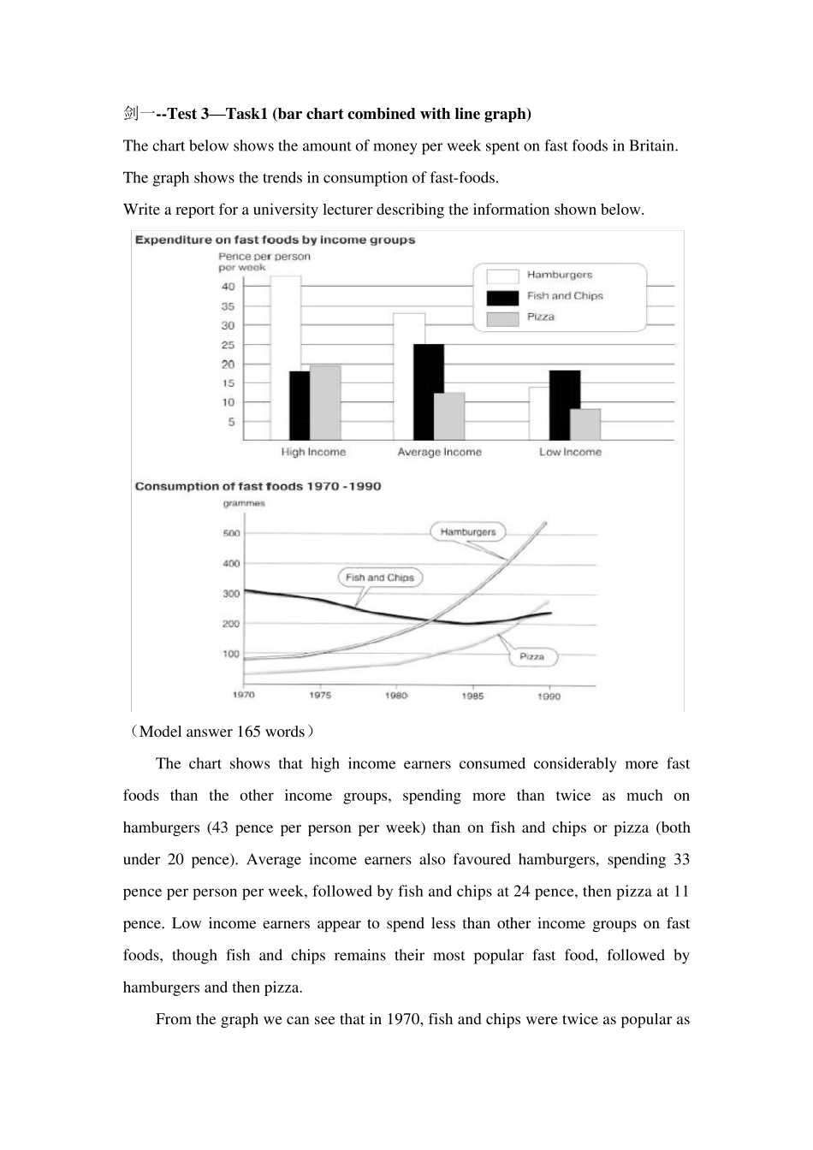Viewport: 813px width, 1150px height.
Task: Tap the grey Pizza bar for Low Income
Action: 585,424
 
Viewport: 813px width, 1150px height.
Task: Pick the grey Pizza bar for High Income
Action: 325,402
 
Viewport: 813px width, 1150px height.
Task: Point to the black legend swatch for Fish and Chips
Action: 502,297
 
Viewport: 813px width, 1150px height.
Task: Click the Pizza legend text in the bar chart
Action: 541,317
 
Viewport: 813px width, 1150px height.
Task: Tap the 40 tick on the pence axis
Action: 228,287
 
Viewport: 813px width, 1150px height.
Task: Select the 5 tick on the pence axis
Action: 231,422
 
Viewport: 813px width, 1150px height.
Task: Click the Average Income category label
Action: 439,452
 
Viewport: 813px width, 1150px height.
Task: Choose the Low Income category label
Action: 570,452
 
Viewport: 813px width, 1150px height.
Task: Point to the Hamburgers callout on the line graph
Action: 468,531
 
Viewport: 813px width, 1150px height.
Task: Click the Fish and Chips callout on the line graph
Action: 380,578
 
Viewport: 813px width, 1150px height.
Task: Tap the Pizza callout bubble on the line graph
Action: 531,656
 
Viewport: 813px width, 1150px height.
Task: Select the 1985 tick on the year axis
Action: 472,696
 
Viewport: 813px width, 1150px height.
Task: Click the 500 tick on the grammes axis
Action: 231,534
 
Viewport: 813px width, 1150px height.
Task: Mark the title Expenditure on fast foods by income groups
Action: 275,240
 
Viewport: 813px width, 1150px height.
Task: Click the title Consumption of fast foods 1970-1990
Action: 258,486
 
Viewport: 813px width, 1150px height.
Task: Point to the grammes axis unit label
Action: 244,503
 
